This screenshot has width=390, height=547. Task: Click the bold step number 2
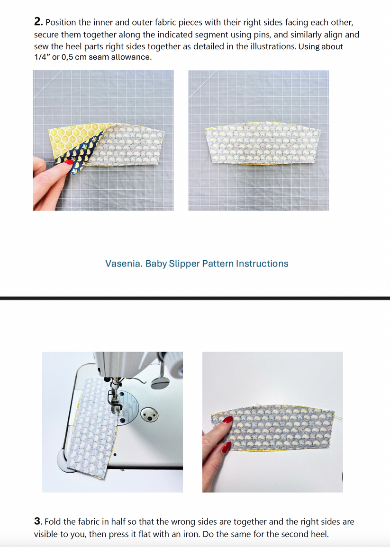38,22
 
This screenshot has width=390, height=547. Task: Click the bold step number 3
37,521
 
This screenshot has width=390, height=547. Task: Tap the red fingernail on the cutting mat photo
69,163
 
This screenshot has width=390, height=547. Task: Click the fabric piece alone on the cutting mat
260,144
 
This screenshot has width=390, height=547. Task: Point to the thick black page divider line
195,298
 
